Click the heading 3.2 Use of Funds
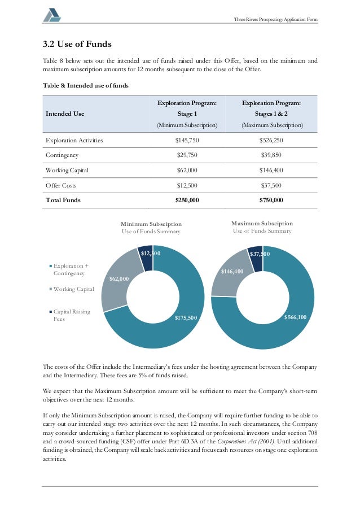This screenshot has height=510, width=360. click(77, 44)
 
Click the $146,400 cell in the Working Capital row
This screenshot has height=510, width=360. click(271, 170)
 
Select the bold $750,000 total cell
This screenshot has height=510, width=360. click(271, 200)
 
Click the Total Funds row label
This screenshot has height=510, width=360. click(63, 200)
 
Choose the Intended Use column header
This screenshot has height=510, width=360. click(64, 114)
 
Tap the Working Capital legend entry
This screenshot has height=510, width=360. click(73, 289)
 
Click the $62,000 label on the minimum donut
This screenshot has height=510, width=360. click(118, 279)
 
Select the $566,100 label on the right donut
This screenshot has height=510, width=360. click(295, 317)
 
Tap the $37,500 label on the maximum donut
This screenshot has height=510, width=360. click(260, 254)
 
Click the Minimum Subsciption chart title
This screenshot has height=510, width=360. click(151, 224)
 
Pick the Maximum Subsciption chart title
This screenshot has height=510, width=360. click(262, 224)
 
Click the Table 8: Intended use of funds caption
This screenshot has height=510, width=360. click(86, 85)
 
